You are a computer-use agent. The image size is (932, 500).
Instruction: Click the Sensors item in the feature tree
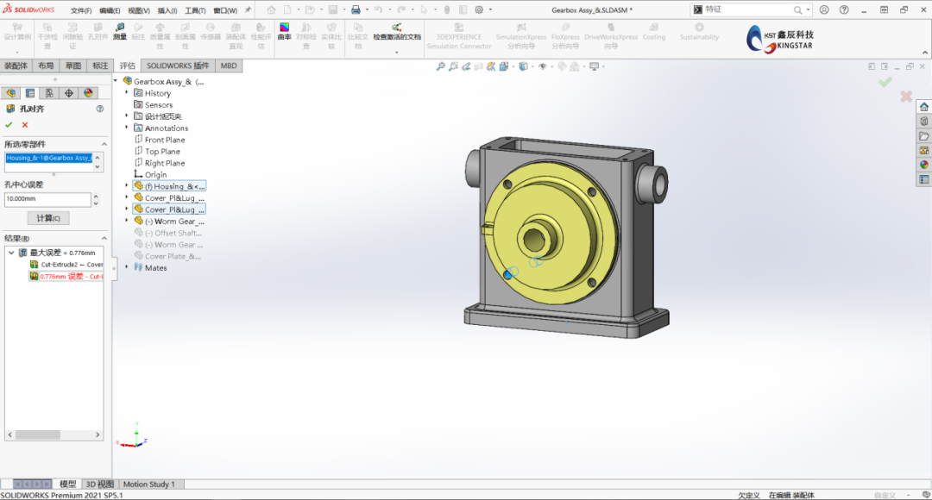tap(159, 105)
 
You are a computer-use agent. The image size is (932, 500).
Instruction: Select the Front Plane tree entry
tap(164, 140)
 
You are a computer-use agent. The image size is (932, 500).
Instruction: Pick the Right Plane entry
tap(164, 163)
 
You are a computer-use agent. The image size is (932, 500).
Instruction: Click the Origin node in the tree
tap(155, 175)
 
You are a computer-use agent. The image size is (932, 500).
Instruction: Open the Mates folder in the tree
tap(155, 268)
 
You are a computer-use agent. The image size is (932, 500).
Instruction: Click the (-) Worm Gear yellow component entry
tap(173, 222)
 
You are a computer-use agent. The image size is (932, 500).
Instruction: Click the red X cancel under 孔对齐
tap(25, 125)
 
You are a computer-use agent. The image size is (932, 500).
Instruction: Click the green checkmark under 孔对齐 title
tap(9, 125)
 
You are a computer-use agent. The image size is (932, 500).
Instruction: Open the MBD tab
tap(229, 66)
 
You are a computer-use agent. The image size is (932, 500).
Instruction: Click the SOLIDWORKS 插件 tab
tap(178, 66)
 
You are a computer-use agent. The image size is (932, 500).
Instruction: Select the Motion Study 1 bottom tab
tap(148, 484)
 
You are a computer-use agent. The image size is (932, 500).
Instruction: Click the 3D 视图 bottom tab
tap(99, 484)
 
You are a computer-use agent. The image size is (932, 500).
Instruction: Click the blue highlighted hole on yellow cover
tap(508, 273)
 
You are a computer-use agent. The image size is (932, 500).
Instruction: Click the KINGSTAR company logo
tap(781, 38)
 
